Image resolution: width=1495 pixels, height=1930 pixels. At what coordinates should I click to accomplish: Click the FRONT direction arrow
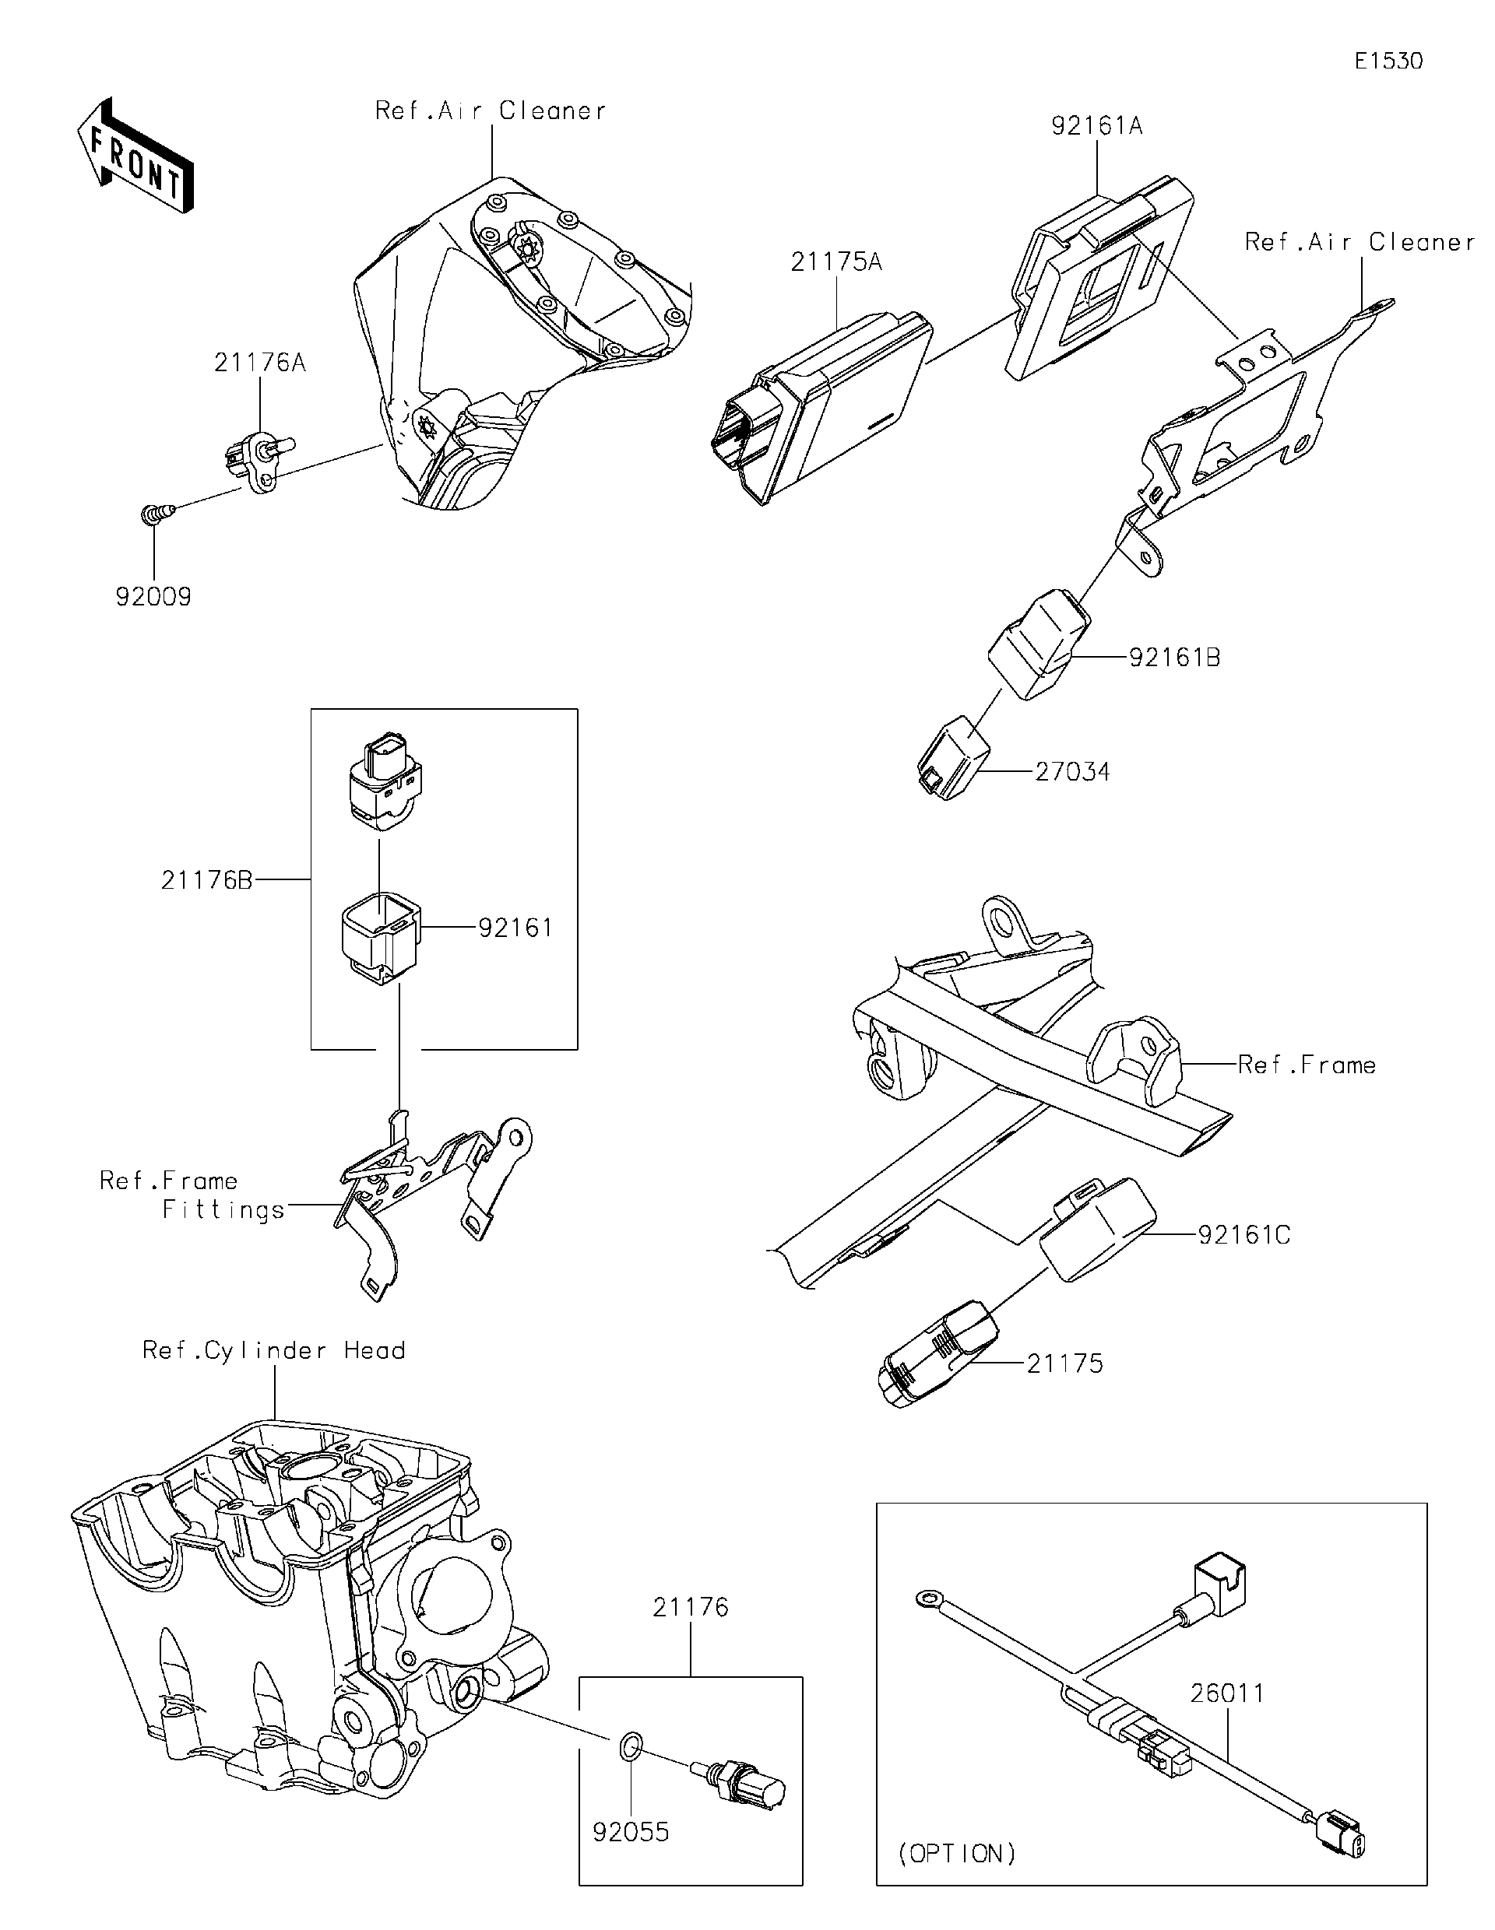click(x=135, y=156)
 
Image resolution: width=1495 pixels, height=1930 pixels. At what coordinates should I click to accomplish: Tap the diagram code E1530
click(x=1388, y=61)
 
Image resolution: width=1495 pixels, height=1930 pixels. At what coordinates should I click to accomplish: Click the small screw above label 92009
click(x=154, y=514)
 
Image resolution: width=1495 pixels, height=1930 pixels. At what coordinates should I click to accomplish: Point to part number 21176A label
click(x=260, y=363)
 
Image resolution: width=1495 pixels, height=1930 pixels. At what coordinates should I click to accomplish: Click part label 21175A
click(x=835, y=262)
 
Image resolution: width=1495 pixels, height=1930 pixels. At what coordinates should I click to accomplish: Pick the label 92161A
click(x=1096, y=126)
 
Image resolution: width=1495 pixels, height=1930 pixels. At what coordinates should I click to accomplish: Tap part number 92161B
click(x=1174, y=658)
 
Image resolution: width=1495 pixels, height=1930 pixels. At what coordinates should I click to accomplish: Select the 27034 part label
click(x=1071, y=772)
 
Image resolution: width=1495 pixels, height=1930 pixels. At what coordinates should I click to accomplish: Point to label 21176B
click(x=207, y=880)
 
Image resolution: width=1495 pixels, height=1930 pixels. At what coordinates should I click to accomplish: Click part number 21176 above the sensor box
click(x=691, y=1608)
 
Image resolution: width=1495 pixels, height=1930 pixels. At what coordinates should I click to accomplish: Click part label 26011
click(x=1227, y=1694)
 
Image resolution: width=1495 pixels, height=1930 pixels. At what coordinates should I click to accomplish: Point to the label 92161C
click(x=1244, y=1235)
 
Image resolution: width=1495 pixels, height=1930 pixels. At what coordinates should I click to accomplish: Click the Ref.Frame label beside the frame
click(x=1306, y=1065)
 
